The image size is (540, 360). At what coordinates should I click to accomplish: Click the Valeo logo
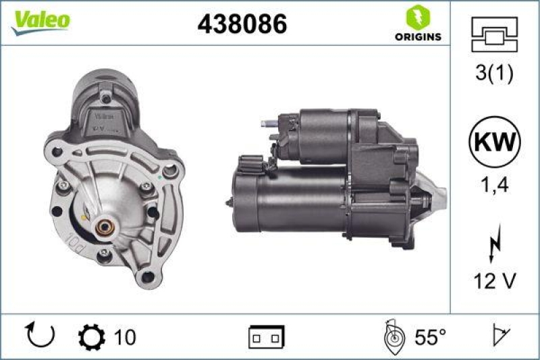point(40,21)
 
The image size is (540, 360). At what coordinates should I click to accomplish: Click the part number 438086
point(242,24)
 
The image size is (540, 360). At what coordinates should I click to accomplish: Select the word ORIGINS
point(418,36)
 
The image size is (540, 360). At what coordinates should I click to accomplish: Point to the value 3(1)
point(495,74)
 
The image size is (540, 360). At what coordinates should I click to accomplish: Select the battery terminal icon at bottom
point(267,336)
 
